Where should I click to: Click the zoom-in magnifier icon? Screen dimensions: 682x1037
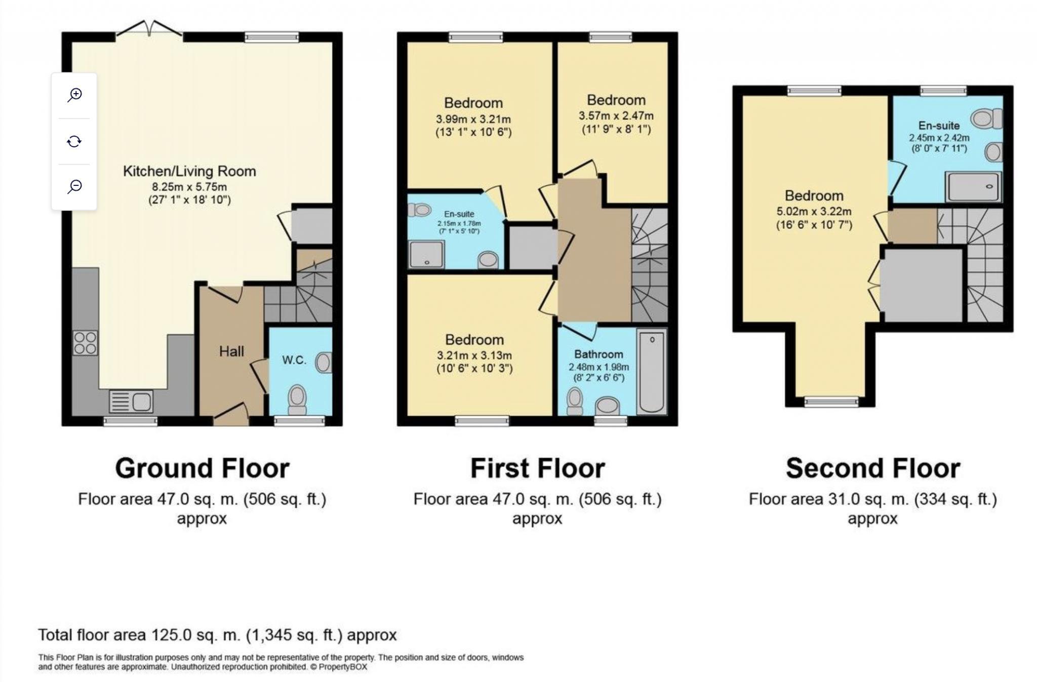(x=74, y=95)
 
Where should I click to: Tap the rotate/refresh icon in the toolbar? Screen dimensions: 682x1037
(x=74, y=141)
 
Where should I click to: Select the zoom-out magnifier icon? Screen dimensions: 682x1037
(x=74, y=186)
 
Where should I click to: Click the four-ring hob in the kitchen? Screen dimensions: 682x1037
(x=85, y=343)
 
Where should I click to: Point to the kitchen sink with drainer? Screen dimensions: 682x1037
(x=131, y=402)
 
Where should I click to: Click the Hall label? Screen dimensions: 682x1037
(x=231, y=351)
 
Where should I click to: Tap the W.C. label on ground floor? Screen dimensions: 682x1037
(x=294, y=360)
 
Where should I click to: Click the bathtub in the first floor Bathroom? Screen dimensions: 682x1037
(x=652, y=372)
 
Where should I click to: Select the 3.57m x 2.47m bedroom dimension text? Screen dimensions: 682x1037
(x=616, y=116)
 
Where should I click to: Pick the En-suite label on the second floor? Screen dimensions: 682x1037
(x=939, y=126)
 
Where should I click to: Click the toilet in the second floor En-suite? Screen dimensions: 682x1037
(x=985, y=119)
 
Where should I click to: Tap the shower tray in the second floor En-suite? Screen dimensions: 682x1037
(x=973, y=186)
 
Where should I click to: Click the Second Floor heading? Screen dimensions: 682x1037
(x=872, y=468)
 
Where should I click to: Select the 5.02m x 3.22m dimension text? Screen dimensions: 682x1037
(x=814, y=212)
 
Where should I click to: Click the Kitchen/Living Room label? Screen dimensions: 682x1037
(x=189, y=171)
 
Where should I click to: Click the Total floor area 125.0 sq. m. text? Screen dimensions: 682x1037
(x=217, y=635)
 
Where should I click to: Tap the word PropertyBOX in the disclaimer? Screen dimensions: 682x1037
(x=343, y=667)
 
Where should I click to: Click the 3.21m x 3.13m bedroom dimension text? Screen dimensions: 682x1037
(x=474, y=355)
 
